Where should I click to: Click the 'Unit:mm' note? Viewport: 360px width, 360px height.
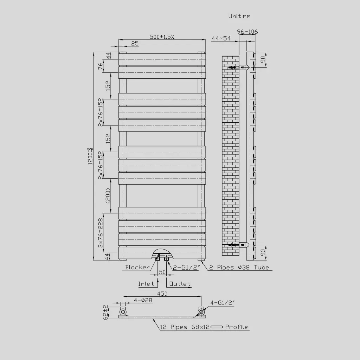[x=239, y=16]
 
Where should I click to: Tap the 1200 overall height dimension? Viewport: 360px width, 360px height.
[x=91, y=156]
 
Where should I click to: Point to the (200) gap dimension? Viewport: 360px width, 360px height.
[x=108, y=195]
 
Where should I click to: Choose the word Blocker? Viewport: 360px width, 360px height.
[x=137, y=268]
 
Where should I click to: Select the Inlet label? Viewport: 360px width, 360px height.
[x=146, y=284]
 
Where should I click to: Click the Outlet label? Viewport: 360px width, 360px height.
[x=180, y=284]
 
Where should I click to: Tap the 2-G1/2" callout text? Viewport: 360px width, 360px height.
[x=187, y=268]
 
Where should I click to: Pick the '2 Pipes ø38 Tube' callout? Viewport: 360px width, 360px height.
[x=239, y=268]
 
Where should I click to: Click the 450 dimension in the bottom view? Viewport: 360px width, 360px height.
[x=162, y=294]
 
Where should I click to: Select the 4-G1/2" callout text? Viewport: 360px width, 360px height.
[x=223, y=302]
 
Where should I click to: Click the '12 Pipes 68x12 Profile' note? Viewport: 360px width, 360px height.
[x=204, y=327]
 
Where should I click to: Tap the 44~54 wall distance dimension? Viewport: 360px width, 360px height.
[x=221, y=38]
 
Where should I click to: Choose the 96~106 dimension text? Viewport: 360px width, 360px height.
[x=247, y=32]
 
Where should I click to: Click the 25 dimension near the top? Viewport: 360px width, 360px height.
[x=135, y=44]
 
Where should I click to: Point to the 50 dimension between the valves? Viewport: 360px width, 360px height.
[x=162, y=272]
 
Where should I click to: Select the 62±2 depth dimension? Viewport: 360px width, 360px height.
[x=105, y=311]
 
